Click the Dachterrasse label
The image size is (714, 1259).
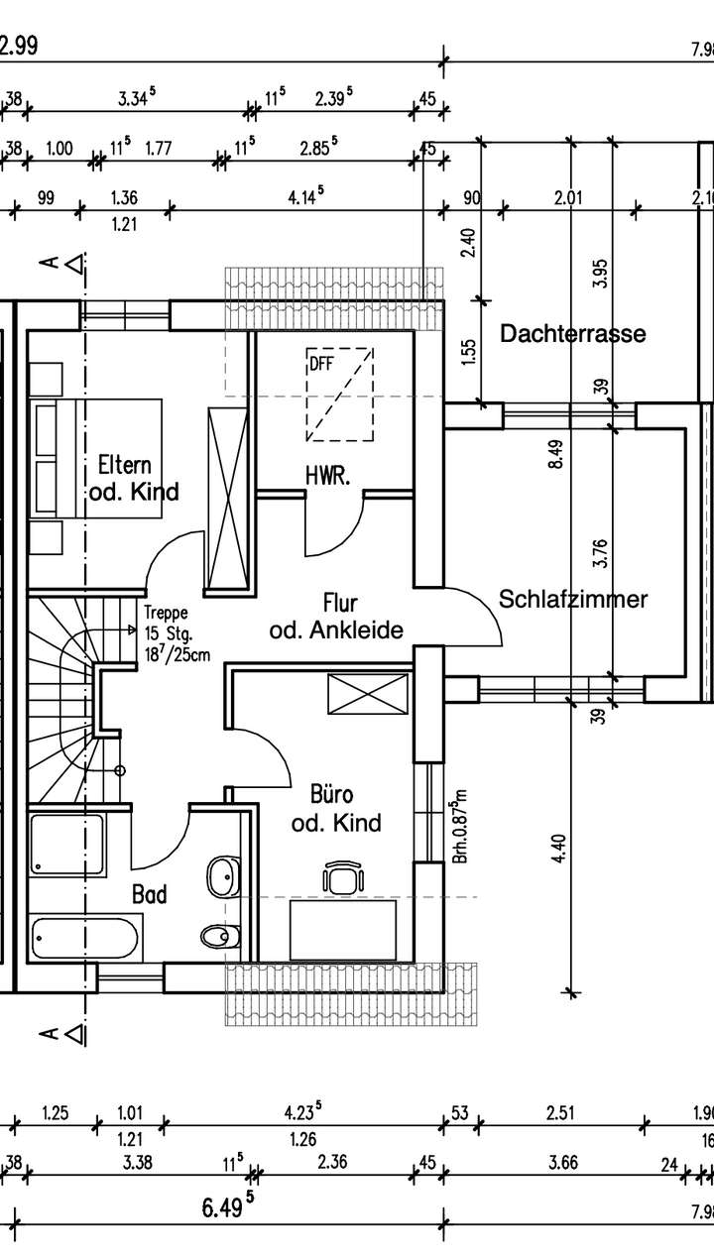[572, 334]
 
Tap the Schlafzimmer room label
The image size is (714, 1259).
[573, 599]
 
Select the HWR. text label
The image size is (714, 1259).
[327, 477]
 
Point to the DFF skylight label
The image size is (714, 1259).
[320, 364]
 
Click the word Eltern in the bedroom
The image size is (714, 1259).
[125, 465]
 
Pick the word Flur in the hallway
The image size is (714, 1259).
[340, 603]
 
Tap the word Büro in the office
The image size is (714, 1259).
[331, 796]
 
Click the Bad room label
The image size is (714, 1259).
[150, 894]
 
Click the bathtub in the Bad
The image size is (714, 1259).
[86, 938]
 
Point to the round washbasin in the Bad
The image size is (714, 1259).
[221, 876]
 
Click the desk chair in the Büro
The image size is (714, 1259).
[342, 877]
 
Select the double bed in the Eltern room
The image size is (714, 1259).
[94, 457]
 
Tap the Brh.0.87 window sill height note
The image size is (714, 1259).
[459, 827]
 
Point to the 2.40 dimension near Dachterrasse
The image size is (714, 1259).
[469, 242]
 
